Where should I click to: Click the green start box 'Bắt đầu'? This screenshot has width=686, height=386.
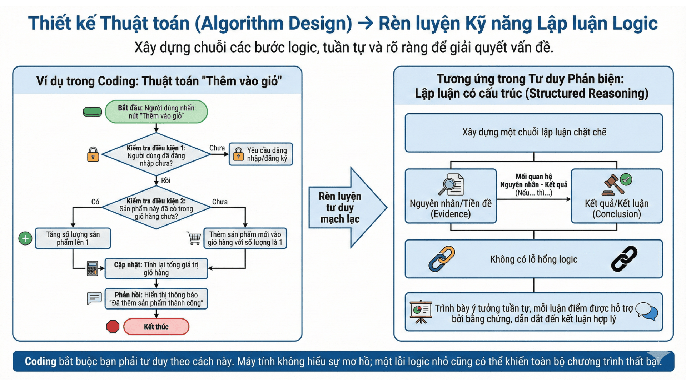(x=156, y=112)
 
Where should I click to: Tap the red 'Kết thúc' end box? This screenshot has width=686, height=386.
(x=156, y=327)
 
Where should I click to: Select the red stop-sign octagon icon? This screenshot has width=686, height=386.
(x=113, y=326)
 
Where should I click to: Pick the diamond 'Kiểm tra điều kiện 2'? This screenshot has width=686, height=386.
(x=156, y=208)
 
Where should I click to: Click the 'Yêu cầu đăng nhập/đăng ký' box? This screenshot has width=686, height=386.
(x=261, y=154)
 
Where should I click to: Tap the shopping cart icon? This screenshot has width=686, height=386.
(x=194, y=238)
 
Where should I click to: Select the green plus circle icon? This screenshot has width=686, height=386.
(x=25, y=238)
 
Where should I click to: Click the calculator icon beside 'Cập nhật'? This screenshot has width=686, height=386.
(x=93, y=268)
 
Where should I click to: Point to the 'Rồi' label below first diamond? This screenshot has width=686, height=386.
(x=165, y=180)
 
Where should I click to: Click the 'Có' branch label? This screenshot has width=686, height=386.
(x=95, y=202)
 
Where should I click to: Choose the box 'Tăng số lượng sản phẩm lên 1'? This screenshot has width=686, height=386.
(x=73, y=238)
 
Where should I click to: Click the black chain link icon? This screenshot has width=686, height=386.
(x=624, y=259)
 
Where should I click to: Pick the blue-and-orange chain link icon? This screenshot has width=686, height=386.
(x=442, y=259)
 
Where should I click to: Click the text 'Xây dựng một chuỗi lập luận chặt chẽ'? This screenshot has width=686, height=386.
(x=534, y=132)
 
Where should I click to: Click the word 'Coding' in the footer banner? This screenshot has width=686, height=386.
(x=40, y=361)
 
